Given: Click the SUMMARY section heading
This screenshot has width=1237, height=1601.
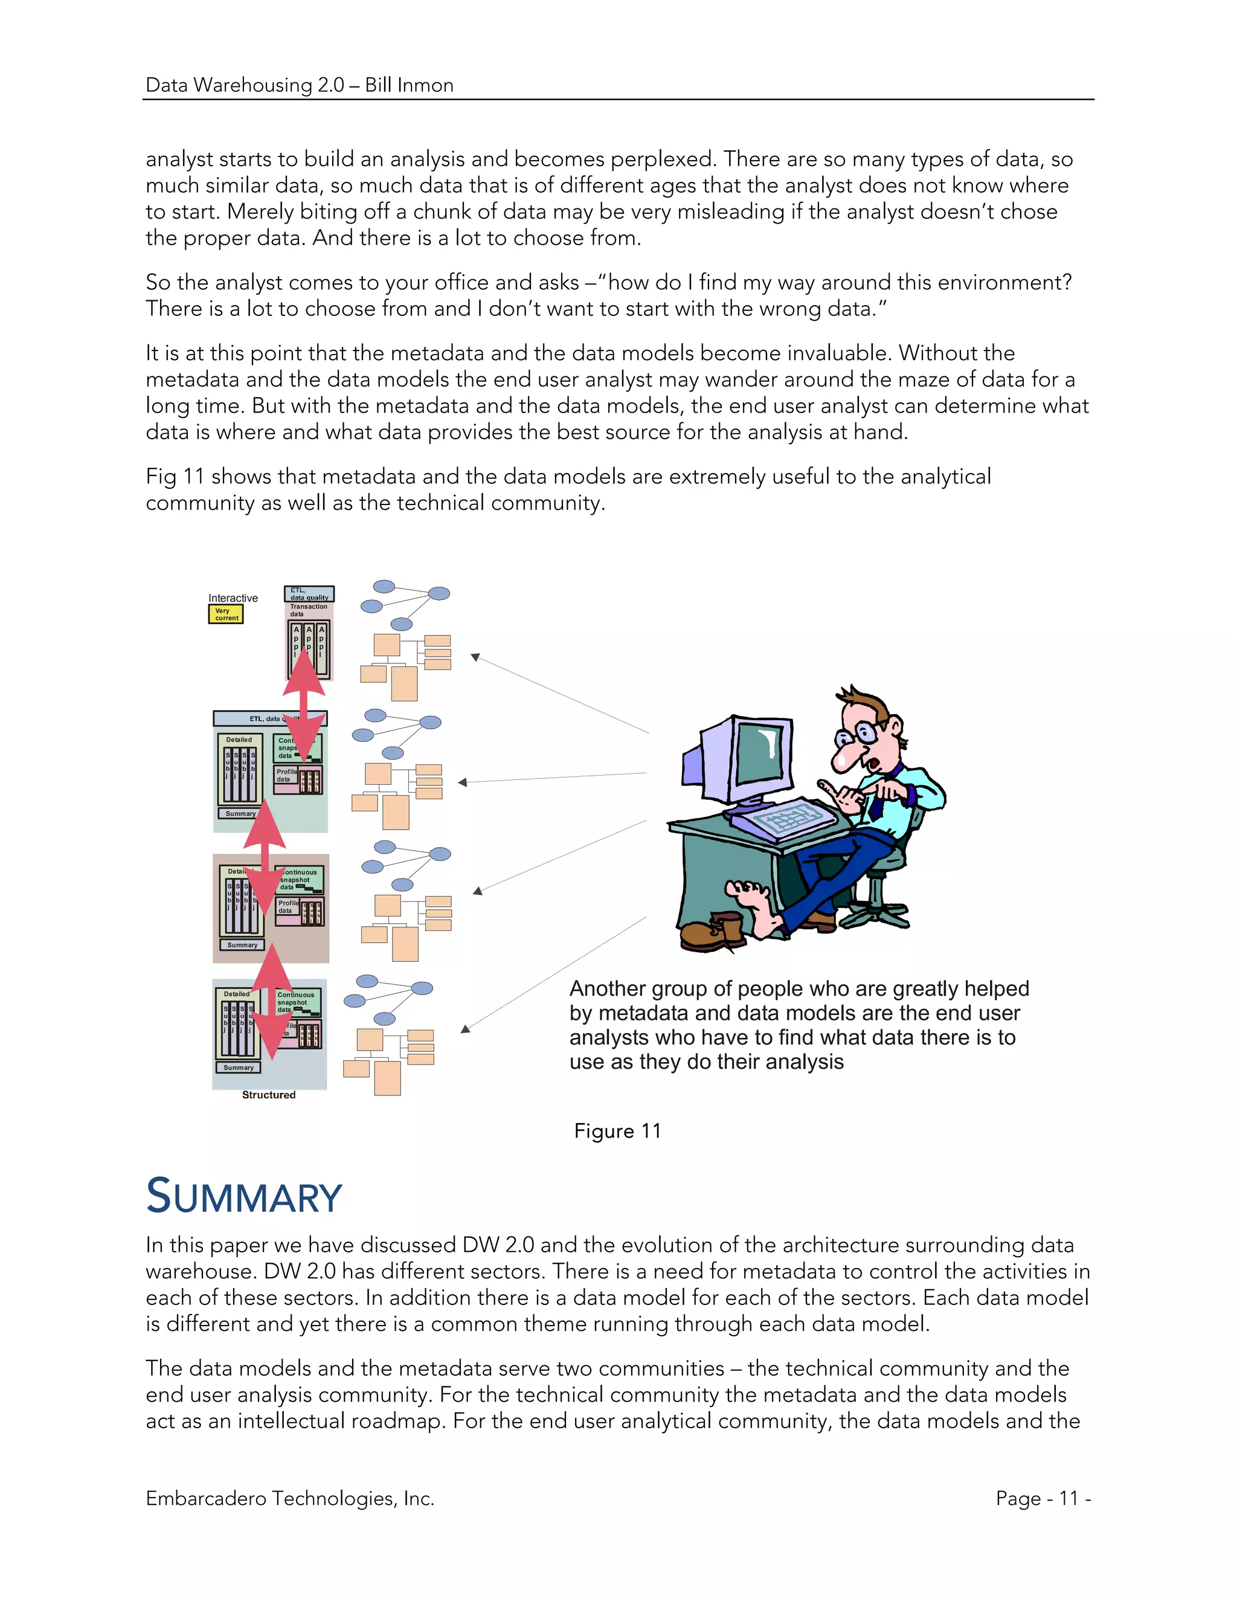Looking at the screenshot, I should click(244, 1196).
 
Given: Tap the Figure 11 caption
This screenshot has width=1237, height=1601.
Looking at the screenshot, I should click(617, 1131).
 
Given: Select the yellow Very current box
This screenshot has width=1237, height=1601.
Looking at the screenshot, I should click(226, 614).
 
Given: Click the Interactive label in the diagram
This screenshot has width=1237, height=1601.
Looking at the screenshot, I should click(233, 598).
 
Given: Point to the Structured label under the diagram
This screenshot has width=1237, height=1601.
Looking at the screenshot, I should click(269, 1095).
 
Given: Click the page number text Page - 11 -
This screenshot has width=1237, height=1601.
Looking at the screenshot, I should click(1043, 1498).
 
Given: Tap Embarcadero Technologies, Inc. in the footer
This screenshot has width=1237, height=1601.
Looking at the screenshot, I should click(290, 1498).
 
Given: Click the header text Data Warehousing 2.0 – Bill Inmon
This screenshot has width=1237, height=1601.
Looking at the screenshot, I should click(300, 85).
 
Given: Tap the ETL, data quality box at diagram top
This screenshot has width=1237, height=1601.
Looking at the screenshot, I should click(309, 593).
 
